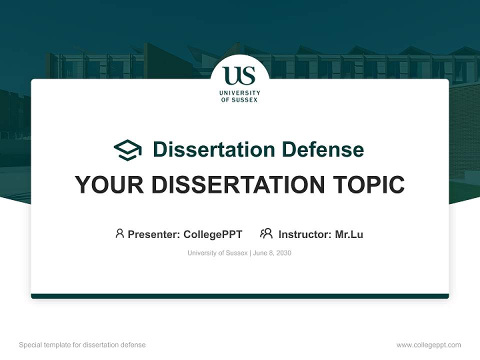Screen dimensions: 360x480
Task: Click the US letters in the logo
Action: (239, 75)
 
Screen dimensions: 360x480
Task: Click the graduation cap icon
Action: (127, 150)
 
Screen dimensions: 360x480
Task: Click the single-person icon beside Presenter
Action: (119, 233)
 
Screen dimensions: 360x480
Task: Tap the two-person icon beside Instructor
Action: (266, 233)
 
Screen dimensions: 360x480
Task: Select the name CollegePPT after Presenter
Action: (213, 234)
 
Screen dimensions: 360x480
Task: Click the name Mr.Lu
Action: (349, 234)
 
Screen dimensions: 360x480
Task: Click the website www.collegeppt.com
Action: (428, 345)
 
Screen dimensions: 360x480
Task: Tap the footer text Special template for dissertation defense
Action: (82, 345)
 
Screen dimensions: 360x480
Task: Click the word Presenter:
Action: (154, 234)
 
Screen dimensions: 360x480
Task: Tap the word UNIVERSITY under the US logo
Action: (239, 93)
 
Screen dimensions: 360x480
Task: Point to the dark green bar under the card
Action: (239, 296)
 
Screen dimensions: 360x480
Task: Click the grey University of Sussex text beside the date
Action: (217, 253)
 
